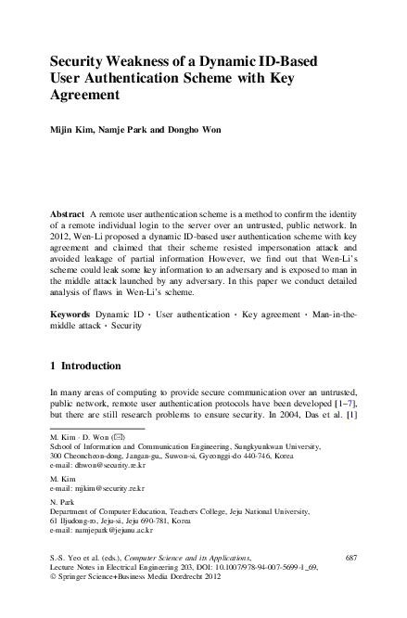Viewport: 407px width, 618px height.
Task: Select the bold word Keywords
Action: point(70,316)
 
